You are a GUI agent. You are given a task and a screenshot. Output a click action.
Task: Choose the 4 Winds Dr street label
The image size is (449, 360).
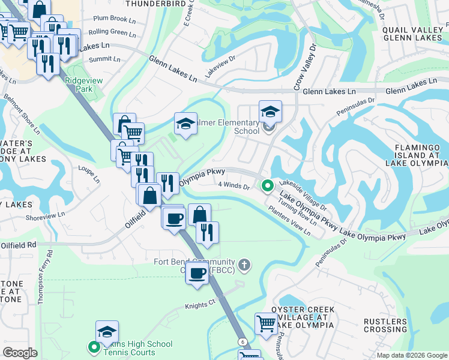pyautogui.click(x=234, y=186)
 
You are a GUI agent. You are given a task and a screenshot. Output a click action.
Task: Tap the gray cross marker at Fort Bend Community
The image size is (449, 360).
pyautogui.click(x=244, y=264)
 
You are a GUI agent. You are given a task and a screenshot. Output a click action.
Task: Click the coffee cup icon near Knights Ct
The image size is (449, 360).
pyautogui.click(x=197, y=274)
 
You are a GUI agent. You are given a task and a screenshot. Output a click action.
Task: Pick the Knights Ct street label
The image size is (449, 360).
pyautogui.click(x=200, y=305)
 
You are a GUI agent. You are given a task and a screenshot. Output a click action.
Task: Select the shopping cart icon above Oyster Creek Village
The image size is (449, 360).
pyautogui.click(x=266, y=323)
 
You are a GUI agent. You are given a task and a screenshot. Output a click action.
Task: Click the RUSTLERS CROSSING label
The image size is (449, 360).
pyautogui.click(x=385, y=325)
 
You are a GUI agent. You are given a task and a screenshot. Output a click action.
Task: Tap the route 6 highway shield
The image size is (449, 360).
pyautogui.click(x=242, y=341)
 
